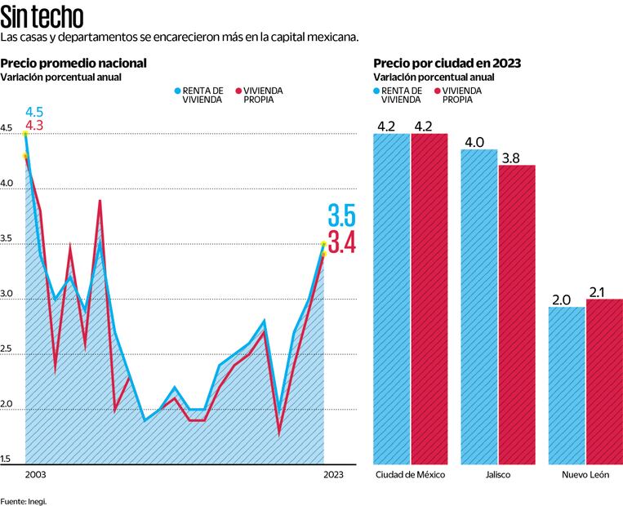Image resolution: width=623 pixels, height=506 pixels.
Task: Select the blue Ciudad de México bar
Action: (x=391, y=298)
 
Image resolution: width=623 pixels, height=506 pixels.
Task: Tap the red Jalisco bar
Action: (x=517, y=314)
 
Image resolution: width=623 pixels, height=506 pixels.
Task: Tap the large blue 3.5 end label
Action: (x=341, y=216)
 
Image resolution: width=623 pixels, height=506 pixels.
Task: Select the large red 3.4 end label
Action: (x=341, y=243)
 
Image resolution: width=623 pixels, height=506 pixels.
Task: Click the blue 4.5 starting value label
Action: (x=33, y=112)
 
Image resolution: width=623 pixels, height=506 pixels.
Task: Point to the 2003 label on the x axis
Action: (x=34, y=475)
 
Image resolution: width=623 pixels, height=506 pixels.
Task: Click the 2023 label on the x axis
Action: (x=333, y=475)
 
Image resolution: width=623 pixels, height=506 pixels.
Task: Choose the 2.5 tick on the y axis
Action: (x=7, y=350)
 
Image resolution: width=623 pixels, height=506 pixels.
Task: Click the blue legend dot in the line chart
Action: (x=177, y=90)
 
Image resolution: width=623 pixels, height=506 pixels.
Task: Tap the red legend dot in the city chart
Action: (x=438, y=90)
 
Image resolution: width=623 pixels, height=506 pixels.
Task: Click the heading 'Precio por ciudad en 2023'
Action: (x=447, y=64)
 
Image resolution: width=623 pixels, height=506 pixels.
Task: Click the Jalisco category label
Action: (x=498, y=475)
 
